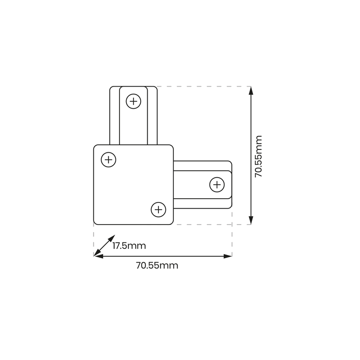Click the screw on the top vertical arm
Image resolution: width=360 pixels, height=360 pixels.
[134, 101]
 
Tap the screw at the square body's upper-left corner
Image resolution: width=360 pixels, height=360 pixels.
[108, 159]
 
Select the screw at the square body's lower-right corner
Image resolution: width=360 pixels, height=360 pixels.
[158, 210]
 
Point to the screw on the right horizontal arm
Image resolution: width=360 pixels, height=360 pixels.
[217, 185]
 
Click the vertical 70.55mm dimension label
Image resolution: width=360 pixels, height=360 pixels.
[259, 157]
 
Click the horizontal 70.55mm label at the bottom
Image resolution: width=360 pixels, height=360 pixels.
[157, 265]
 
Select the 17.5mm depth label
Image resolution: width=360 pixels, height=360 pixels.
[129, 246]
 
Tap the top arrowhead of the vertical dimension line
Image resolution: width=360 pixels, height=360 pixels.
[251, 90]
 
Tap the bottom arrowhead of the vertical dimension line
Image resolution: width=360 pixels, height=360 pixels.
[251, 220]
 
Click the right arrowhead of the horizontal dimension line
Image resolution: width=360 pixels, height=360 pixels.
[228, 256]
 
